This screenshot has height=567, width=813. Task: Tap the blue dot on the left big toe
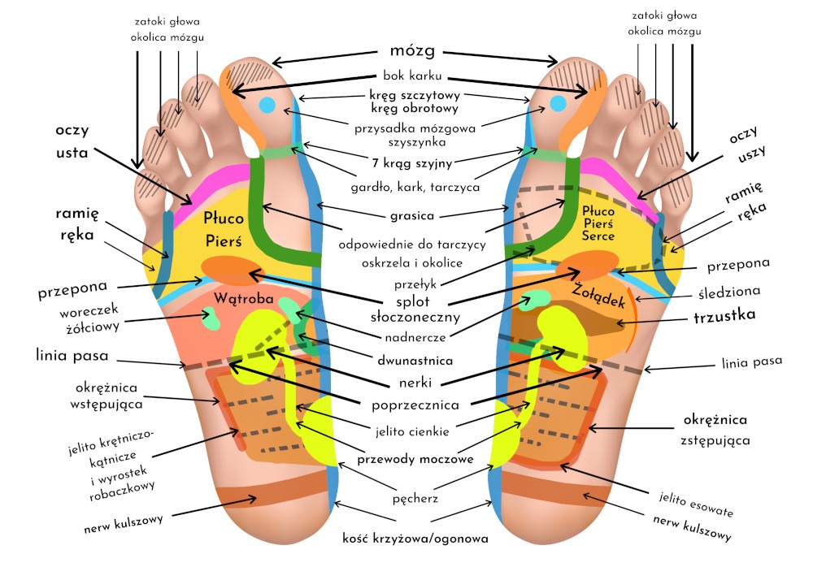267,105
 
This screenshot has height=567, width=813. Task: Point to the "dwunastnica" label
414,358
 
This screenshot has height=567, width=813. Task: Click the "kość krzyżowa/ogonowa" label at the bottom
415,538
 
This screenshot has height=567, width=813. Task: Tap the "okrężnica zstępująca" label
715,430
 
